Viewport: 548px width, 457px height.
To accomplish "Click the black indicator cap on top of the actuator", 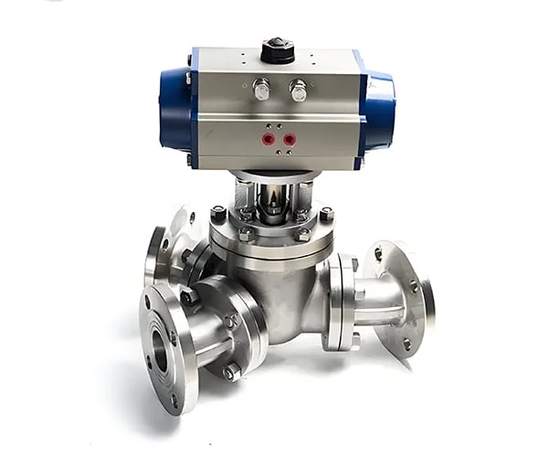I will (x=277, y=50).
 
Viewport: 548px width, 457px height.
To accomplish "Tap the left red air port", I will (x=269, y=139).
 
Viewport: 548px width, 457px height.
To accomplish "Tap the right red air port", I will (x=290, y=139).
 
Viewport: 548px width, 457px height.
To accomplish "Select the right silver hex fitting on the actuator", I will (x=298, y=90).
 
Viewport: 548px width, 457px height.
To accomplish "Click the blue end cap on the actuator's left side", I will (x=175, y=110).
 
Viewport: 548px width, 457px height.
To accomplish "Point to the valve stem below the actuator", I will (x=273, y=201).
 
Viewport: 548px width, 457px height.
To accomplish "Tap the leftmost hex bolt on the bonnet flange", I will (x=218, y=214).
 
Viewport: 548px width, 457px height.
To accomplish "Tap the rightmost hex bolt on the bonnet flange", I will (x=326, y=215).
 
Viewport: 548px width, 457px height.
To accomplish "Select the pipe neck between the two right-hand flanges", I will (x=374, y=302).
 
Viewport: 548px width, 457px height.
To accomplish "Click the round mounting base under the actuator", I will (x=274, y=175).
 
